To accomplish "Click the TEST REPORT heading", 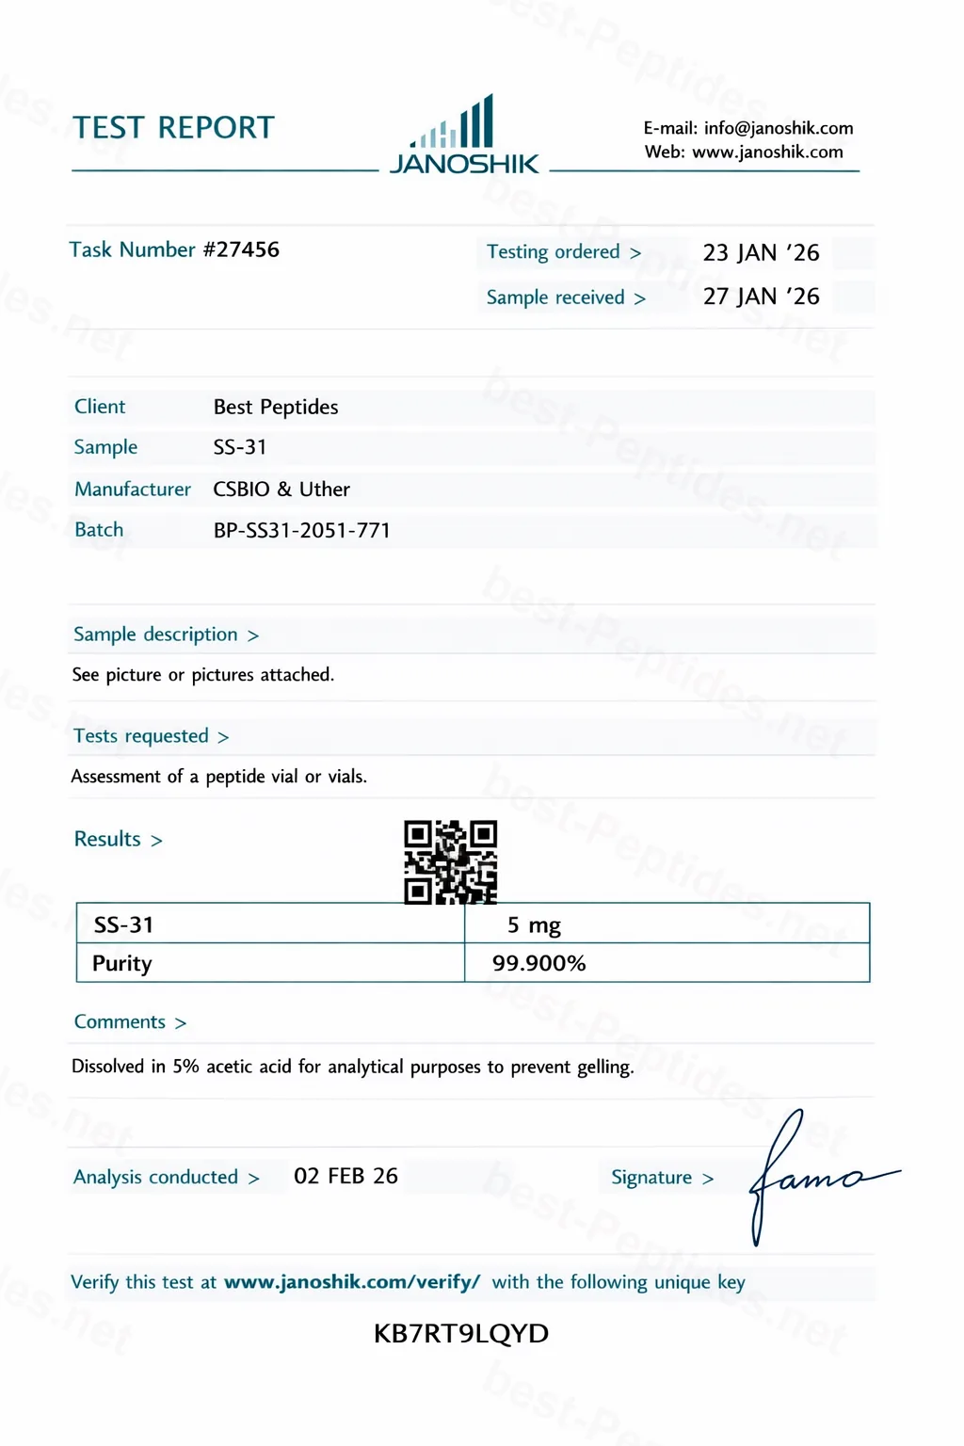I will tap(173, 128).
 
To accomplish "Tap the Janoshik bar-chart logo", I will tap(463, 137).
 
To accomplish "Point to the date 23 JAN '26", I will tap(761, 252).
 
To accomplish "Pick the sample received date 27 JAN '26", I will tap(761, 297).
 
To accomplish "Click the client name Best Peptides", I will tap(276, 407).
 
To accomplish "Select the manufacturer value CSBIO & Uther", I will tap(281, 490).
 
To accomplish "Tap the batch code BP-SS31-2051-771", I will tap(301, 530).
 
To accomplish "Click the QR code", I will tap(450, 861).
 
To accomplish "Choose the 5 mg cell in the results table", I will tap(534, 925).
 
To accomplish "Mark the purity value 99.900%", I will tap(538, 963).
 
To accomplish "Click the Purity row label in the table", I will tap(122, 963).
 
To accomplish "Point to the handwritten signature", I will tap(810, 1177).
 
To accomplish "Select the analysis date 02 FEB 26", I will tap(345, 1176).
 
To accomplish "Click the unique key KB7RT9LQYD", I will tap(460, 1333).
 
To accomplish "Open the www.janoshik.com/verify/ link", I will tap(352, 1282).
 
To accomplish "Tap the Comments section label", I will tap(120, 1022).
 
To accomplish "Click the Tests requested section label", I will tap(141, 736).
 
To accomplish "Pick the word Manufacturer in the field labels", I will tap(133, 490).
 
